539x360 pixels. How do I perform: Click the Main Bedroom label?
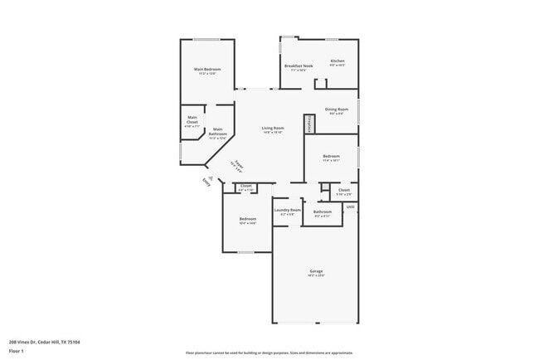click(206, 69)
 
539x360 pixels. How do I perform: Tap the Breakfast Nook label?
click(299, 66)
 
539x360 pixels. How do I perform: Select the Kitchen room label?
click(337, 61)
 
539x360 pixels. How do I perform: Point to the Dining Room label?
click(336, 109)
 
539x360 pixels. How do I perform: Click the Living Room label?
click(273, 128)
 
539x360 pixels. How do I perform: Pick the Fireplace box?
click(309, 124)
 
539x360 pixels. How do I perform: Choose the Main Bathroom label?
click(217, 132)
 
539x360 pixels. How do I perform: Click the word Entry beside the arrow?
click(206, 183)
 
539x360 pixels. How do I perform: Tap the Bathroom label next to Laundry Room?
click(323, 212)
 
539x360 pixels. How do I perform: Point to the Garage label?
click(316, 271)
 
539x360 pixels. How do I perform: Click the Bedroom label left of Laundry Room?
click(247, 220)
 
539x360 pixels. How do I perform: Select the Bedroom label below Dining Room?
click(331, 157)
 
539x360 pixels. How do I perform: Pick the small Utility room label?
click(351, 207)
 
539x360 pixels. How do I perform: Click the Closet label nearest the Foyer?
click(245, 186)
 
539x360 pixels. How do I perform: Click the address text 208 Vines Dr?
click(45, 341)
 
